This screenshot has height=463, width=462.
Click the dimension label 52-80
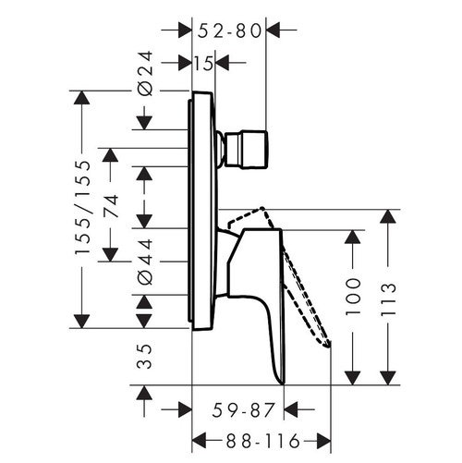[227, 30]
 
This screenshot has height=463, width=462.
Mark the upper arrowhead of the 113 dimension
[387, 218]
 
